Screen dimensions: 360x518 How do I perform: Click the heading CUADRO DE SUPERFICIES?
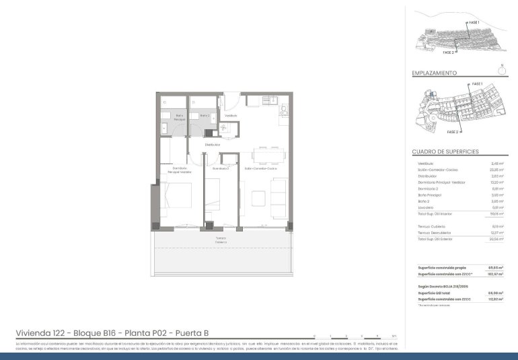click(x=445, y=152)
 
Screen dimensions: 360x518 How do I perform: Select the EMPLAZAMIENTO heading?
click(x=434, y=73)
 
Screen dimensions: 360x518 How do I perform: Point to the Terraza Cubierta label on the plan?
click(x=221, y=240)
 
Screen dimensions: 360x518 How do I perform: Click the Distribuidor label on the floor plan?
click(x=213, y=145)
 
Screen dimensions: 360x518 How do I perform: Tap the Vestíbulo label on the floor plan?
click(x=231, y=116)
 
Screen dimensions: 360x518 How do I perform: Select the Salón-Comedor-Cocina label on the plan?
click(x=260, y=168)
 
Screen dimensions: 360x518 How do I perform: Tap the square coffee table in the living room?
click(x=258, y=198)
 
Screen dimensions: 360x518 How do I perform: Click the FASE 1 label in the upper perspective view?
click(x=474, y=23)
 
